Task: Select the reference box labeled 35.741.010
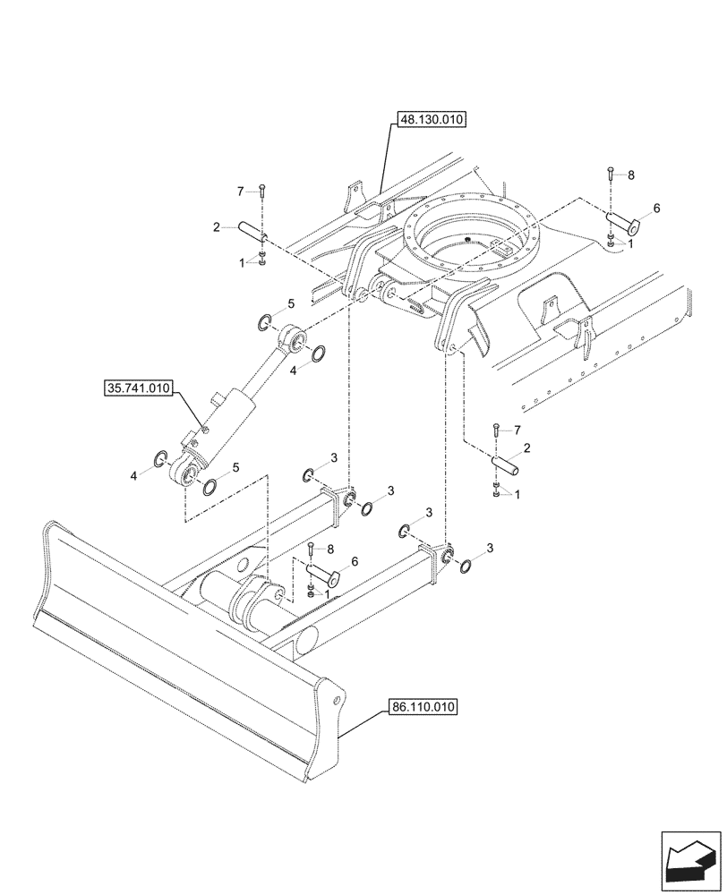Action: point(141,389)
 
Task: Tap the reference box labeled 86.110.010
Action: point(423,707)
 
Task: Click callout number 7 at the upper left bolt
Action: point(240,192)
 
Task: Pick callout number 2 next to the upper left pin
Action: point(217,228)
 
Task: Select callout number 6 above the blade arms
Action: point(355,561)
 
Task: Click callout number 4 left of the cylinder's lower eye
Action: point(134,476)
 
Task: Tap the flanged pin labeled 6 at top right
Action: point(620,219)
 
